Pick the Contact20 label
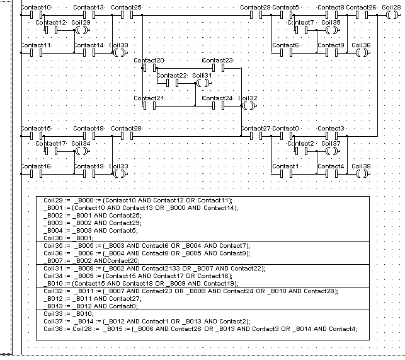(x=149, y=60)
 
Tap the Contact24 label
(x=218, y=98)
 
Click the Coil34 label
(x=81, y=144)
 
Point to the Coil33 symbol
(x=119, y=174)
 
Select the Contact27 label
(x=256, y=128)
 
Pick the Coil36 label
(x=362, y=45)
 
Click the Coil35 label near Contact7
(x=331, y=23)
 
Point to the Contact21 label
(x=149, y=98)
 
